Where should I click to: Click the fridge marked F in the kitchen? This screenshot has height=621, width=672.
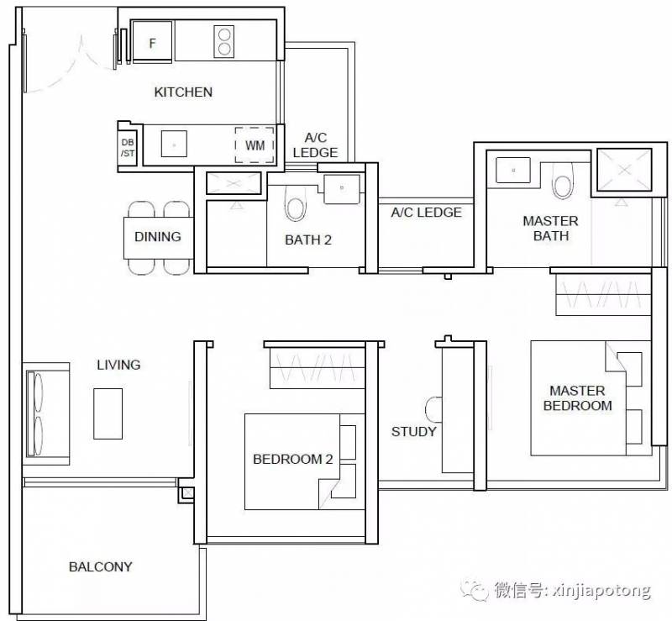(152, 41)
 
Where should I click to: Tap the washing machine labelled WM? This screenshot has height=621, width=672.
(255, 145)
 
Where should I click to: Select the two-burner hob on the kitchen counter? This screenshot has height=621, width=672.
(223, 42)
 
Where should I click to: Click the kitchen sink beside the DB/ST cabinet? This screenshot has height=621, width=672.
(174, 144)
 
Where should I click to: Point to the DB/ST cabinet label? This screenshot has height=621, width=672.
(128, 148)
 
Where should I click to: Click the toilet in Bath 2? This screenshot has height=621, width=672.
(296, 203)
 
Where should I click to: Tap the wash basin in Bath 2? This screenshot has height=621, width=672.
(342, 189)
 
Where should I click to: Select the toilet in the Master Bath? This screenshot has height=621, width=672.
(562, 182)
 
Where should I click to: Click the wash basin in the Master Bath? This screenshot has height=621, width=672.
(513, 171)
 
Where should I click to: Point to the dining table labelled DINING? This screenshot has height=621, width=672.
(158, 238)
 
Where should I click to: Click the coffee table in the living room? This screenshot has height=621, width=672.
(108, 413)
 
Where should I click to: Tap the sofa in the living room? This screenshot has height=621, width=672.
(46, 414)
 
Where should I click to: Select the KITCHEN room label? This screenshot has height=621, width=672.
(183, 92)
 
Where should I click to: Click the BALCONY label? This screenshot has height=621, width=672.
(101, 567)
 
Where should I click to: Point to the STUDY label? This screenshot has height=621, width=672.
(413, 431)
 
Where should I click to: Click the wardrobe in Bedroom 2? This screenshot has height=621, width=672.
(318, 368)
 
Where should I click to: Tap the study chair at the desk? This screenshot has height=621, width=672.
(433, 409)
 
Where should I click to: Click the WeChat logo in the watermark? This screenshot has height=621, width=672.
(475, 591)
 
